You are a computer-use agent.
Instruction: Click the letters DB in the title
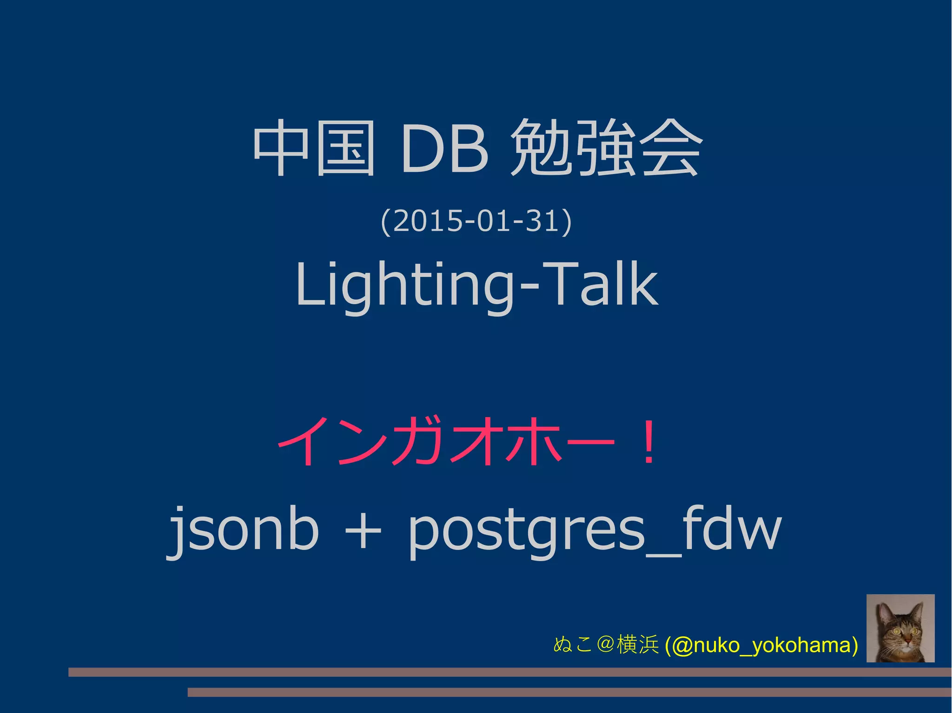[445, 149]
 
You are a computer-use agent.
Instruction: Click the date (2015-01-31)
[476, 221]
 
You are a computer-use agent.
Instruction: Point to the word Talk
[600, 284]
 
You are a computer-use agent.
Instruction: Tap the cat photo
[900, 628]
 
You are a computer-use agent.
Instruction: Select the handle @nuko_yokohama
[761, 645]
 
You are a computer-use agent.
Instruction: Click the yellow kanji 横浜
[637, 645]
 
